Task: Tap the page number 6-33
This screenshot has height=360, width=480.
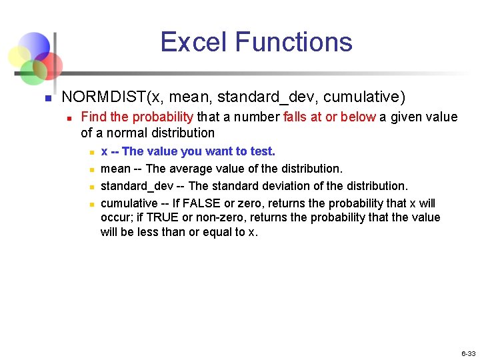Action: point(468,353)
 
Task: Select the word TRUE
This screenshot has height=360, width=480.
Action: point(162,217)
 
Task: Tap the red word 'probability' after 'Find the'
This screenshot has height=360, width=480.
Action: point(163,117)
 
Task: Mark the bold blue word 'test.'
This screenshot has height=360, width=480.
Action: point(263,151)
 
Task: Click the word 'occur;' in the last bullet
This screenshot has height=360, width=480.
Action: point(116,217)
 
